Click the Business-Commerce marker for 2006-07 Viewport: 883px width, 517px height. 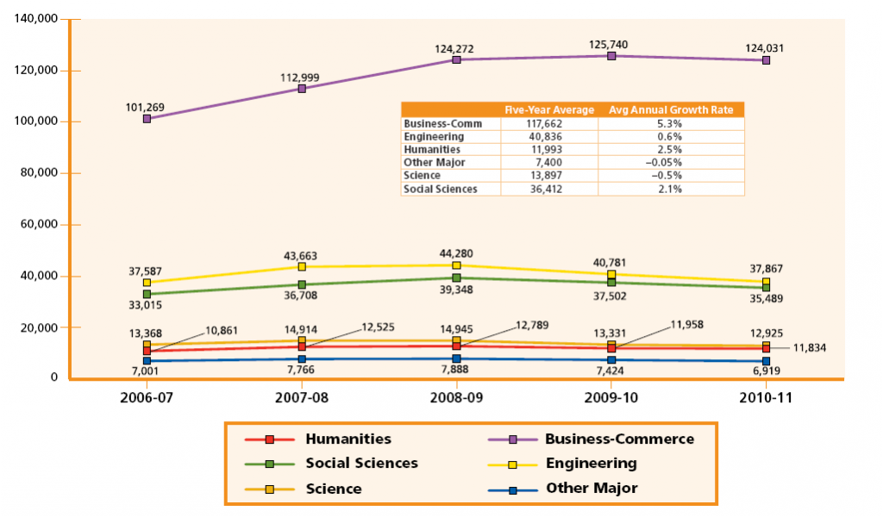(x=147, y=118)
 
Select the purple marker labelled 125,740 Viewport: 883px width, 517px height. (x=611, y=56)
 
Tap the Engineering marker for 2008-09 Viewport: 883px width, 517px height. (x=456, y=265)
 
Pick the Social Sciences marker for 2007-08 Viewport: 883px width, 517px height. (x=302, y=284)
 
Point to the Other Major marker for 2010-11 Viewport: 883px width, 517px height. (x=766, y=362)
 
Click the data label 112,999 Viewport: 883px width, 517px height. (x=300, y=78)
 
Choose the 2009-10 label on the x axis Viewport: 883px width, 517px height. (x=611, y=400)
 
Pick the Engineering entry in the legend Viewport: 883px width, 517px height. (x=591, y=464)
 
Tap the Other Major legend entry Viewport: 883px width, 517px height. (x=591, y=489)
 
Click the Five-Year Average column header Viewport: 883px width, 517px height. (x=549, y=109)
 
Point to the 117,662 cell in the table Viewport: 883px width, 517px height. (x=549, y=123)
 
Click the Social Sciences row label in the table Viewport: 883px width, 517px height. (x=440, y=189)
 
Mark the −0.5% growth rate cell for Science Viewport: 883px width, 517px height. (x=670, y=176)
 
